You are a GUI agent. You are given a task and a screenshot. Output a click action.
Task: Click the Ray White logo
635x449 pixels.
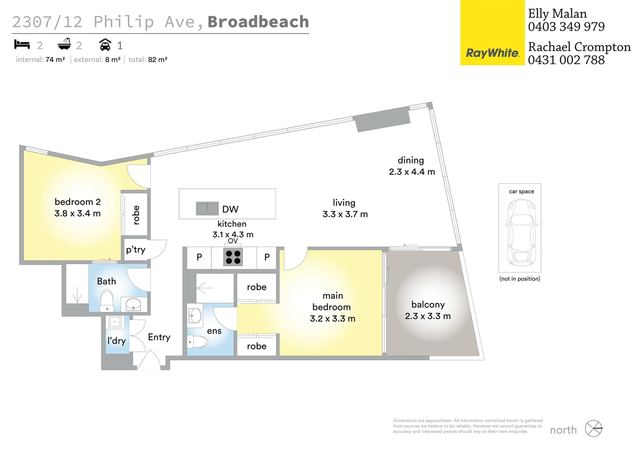492,53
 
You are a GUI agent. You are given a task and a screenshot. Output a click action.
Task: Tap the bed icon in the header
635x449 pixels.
22,44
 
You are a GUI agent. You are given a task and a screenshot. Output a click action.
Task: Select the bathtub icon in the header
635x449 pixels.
64,44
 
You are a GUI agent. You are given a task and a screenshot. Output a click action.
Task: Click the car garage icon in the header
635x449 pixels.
105,44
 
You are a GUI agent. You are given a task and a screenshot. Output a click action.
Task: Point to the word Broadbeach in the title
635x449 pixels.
258,22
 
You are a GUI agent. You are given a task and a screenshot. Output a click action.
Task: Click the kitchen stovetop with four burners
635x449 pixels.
233,257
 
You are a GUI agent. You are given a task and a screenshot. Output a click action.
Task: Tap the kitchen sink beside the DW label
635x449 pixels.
207,208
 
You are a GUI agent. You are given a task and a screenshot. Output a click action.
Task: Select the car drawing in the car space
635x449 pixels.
520,232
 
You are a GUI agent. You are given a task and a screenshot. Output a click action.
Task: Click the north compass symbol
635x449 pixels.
593,429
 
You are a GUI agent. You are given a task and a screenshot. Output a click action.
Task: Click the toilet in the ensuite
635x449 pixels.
198,342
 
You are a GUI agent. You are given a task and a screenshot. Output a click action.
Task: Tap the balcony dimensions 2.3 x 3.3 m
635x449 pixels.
428,316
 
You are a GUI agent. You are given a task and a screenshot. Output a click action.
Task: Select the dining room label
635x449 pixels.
411,160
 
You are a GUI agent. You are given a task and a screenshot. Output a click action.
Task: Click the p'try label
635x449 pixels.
136,249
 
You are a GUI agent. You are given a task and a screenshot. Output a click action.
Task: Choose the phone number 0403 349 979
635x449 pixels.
566,27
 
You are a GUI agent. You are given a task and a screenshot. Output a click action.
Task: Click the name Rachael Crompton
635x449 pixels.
579,47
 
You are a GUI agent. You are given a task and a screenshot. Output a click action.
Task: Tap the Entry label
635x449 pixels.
159,337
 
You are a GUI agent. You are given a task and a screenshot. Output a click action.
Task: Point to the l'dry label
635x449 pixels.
116,341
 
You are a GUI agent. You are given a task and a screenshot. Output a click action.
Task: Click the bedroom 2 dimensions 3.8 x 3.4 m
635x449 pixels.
78,213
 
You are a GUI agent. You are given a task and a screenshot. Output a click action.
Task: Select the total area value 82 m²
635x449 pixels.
158,59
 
